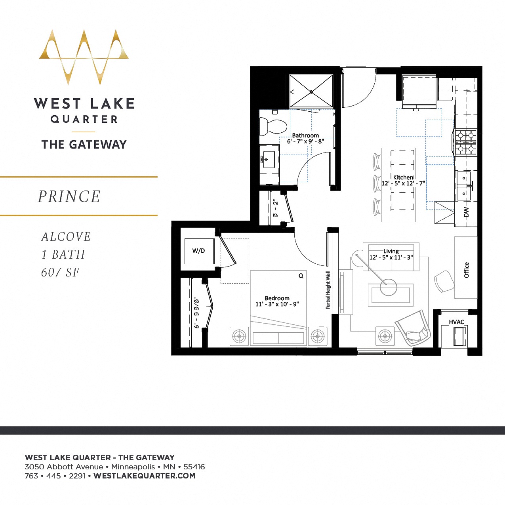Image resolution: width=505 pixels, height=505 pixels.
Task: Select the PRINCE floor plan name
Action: tap(69, 196)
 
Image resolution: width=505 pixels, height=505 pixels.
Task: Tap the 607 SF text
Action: tap(60, 273)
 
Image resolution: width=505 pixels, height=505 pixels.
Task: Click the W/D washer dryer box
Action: tap(199, 251)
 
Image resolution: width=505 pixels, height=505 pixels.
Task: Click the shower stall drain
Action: tap(311, 92)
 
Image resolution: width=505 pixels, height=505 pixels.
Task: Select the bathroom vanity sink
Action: tap(269, 160)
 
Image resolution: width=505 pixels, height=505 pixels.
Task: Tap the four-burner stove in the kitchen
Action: tap(465, 142)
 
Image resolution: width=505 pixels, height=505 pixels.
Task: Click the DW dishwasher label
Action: tap(466, 212)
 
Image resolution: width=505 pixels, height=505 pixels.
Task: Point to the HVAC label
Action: tap(456, 322)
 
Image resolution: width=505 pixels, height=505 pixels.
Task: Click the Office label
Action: tap(466, 270)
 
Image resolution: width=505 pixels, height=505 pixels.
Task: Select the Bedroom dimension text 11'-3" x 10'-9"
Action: tap(277, 304)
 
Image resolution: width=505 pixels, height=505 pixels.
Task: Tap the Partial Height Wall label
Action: tap(328, 290)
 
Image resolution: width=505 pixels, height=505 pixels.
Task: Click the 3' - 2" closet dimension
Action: tap(276, 209)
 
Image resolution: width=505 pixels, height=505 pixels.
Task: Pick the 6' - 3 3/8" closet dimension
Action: tap(197, 313)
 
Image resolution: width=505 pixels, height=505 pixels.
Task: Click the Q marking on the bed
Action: tap(301, 276)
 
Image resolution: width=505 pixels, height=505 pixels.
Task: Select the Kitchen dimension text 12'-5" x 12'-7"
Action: tap(403, 183)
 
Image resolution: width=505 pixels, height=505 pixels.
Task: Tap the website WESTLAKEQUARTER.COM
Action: tap(145, 476)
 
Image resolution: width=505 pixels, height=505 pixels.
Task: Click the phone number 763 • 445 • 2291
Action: tap(55, 476)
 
